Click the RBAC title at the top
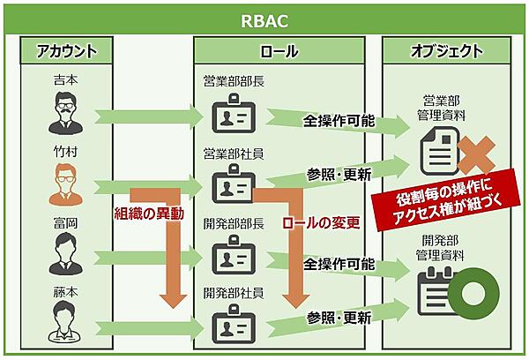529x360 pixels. pyautogui.click(x=264, y=19)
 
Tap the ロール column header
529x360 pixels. pyautogui.click(x=279, y=51)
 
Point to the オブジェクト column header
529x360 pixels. pyautogui.click(x=447, y=51)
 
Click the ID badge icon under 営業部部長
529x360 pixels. pyautogui.click(x=232, y=117)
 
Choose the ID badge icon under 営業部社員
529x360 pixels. pyautogui.click(x=232, y=188)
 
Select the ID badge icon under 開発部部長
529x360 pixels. pyautogui.click(x=232, y=258)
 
